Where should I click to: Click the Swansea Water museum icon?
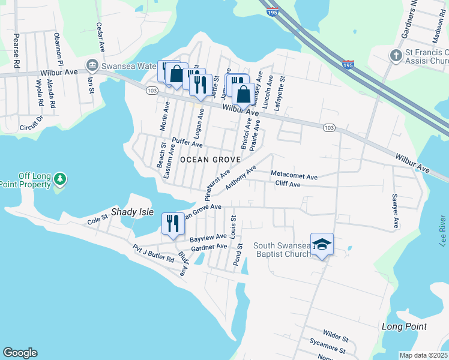pyautogui.click(x=92, y=64)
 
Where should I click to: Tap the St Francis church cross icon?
pyautogui.click(x=396, y=55)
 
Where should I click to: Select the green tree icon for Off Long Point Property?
pyautogui.click(x=59, y=179)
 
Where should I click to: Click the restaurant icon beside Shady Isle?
pyautogui.click(x=172, y=224)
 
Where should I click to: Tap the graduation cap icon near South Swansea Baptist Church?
pyautogui.click(x=322, y=244)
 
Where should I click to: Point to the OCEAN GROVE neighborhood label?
pyautogui.click(x=210, y=160)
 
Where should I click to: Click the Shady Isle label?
pyautogui.click(x=131, y=213)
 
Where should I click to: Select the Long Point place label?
pyautogui.click(x=404, y=326)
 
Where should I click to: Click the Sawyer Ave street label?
pyautogui.click(x=395, y=211)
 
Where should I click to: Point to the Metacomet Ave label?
pyautogui.click(x=294, y=175)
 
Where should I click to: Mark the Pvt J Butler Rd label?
pyautogui.click(x=153, y=254)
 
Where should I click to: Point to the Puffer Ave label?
pyautogui.click(x=187, y=143)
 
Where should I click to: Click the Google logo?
pyautogui.click(x=20, y=353)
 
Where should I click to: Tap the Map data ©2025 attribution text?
pyautogui.click(x=423, y=355)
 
